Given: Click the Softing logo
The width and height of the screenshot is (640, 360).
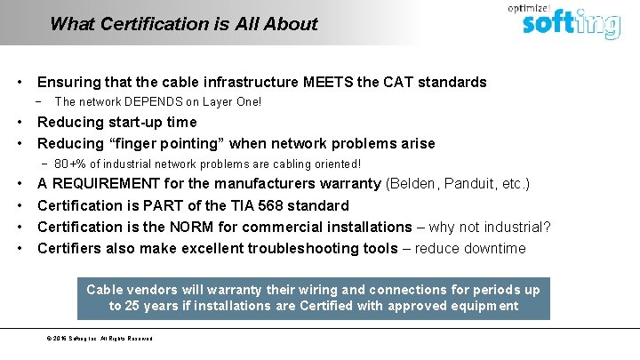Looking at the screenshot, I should click(x=569, y=23).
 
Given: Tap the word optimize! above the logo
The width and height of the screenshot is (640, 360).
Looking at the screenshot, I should click(x=528, y=8).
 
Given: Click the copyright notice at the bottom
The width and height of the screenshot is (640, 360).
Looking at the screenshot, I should click(x=100, y=339).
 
